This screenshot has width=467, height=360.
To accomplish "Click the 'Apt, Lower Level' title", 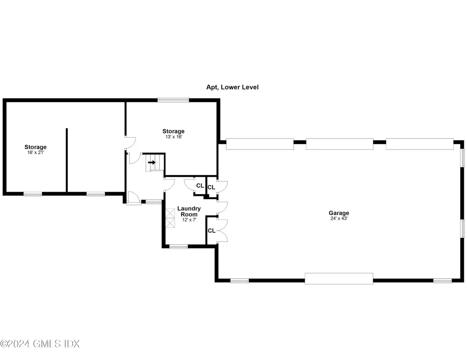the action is (x=232, y=87).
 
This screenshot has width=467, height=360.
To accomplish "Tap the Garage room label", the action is (x=339, y=213).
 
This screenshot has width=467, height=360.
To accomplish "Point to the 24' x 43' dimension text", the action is (x=339, y=218).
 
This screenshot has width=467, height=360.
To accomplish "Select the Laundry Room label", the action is (x=189, y=211).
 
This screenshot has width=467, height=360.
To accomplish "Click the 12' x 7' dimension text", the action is (x=189, y=220).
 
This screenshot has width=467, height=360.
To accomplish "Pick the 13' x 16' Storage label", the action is (x=173, y=131).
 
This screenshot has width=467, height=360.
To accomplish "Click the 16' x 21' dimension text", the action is (x=36, y=153).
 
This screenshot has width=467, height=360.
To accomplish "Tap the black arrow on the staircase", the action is (x=151, y=162).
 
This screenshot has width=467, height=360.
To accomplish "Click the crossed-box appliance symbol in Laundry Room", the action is (x=170, y=218).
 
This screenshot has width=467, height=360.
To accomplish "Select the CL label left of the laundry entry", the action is (x=200, y=185).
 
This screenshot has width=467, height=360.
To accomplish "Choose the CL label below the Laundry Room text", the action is (x=212, y=231).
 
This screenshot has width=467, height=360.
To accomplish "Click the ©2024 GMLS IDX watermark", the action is (x=40, y=344).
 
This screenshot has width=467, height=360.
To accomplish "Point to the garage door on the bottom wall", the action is (x=339, y=278).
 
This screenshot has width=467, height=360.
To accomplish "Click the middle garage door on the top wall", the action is (x=339, y=144).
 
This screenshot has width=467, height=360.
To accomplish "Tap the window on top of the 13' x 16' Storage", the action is (x=173, y=100).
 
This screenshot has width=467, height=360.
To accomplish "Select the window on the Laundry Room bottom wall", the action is (x=179, y=247).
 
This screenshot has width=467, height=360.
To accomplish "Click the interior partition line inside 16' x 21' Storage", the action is (x=67, y=160).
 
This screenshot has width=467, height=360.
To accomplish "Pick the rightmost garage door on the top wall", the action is (x=420, y=144).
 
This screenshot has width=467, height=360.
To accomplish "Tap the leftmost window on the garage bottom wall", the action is (x=239, y=281).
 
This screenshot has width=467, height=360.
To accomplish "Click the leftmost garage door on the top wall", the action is (x=260, y=144).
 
